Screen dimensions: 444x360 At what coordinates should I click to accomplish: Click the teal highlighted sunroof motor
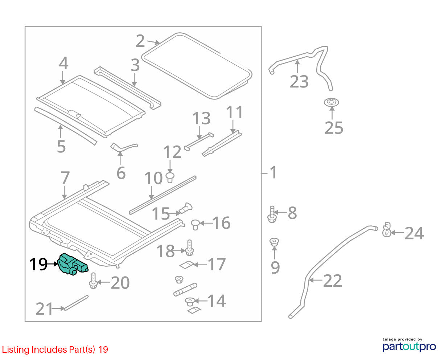point(72,264)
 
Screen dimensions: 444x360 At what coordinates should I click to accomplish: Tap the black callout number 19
point(38,264)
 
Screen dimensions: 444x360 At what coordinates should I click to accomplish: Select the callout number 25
point(334,128)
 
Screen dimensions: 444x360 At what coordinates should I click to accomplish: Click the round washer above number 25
point(332,102)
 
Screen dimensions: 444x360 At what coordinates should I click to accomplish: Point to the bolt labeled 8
point(272,214)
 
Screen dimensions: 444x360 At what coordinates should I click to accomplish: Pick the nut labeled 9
point(274,242)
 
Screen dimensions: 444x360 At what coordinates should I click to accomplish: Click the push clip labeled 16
point(195,224)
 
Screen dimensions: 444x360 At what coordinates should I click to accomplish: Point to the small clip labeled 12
point(170,177)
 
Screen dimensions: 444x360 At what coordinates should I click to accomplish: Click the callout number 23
point(299,82)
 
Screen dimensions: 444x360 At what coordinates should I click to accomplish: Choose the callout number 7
point(65,177)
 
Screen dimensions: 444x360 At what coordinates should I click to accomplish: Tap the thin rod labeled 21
point(76,303)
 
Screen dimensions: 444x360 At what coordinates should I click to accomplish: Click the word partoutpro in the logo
point(409,347)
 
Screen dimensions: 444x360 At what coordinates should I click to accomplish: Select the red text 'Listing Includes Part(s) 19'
point(55,349)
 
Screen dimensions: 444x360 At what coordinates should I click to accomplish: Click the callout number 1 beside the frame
point(273,172)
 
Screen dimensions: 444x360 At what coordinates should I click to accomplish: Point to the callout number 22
point(332,281)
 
